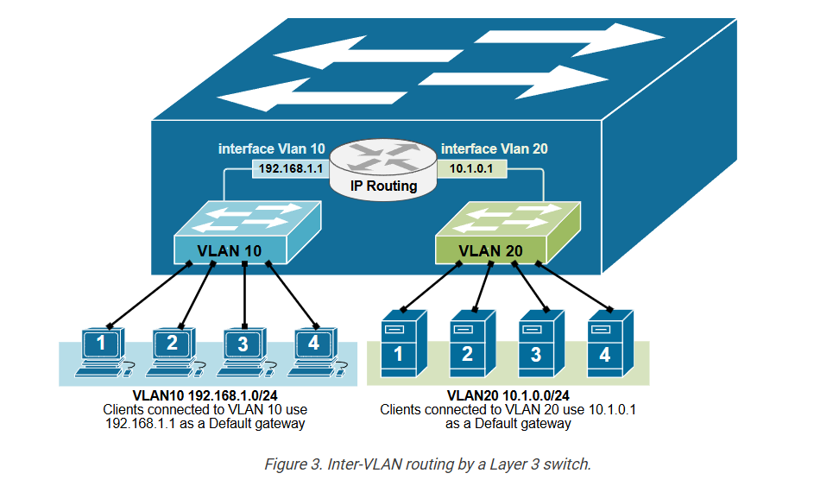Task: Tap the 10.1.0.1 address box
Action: pyautogui.click(x=471, y=169)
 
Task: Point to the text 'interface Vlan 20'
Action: pyautogui.click(x=494, y=148)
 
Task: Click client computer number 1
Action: pyautogui.click(x=101, y=350)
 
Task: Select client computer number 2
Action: pyautogui.click(x=172, y=350)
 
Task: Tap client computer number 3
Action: pyautogui.click(x=243, y=350)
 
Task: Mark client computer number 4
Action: pyautogui.click(x=313, y=350)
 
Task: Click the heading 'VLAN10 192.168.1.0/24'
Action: pyautogui.click(x=205, y=394)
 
